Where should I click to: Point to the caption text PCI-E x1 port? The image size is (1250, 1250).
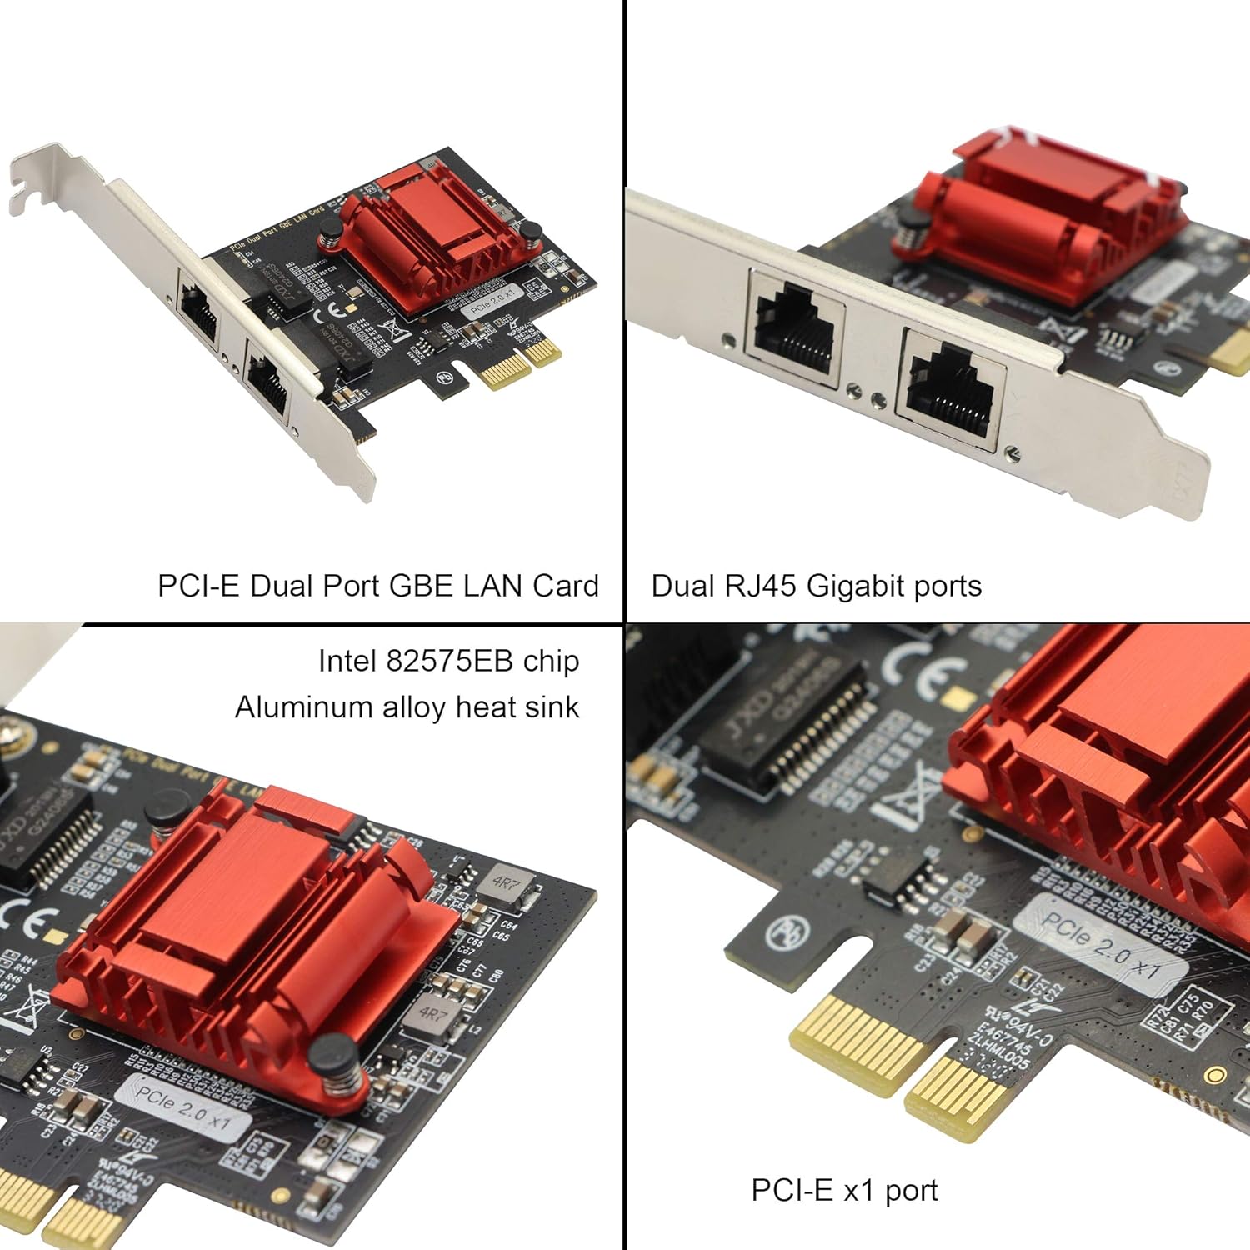843,1190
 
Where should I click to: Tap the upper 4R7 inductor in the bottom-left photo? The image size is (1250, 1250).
506,883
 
